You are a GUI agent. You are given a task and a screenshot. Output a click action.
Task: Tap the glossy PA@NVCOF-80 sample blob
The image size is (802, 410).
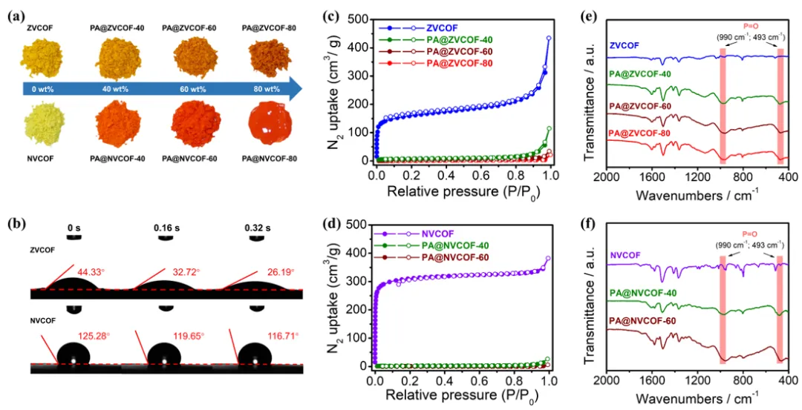pos(264,127)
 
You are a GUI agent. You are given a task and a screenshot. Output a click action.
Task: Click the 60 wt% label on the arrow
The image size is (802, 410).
pos(190,89)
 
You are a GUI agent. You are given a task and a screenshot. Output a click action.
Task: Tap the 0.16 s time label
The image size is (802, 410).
pos(167,227)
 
